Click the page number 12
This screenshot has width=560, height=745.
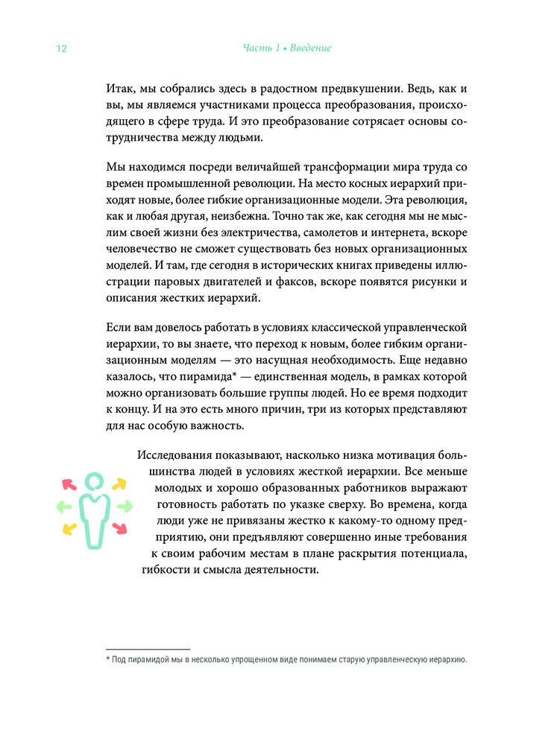[62, 48]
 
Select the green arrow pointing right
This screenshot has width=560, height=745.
[123, 507]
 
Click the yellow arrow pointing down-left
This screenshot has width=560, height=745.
[68, 530]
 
